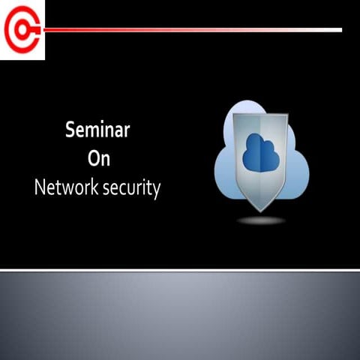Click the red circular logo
21,30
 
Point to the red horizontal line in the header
187,30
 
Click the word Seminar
98,130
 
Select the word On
99,159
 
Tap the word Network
66,187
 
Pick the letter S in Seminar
71,130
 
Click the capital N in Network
40,187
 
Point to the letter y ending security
156,190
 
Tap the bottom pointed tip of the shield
262,211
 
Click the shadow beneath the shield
262,220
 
